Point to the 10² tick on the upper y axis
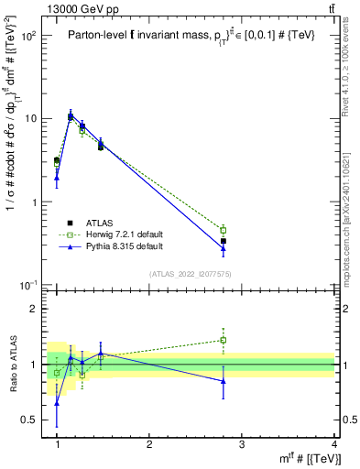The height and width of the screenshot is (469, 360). [x=28, y=36]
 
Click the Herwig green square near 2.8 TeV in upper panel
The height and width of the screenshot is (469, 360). [x=224, y=230]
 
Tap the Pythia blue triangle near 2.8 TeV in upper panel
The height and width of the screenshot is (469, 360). [x=224, y=247]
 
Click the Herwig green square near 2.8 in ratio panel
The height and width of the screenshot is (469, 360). [x=224, y=340]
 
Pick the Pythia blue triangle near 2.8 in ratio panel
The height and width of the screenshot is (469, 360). [x=224, y=381]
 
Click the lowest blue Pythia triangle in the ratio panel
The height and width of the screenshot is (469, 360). [x=57, y=402]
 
